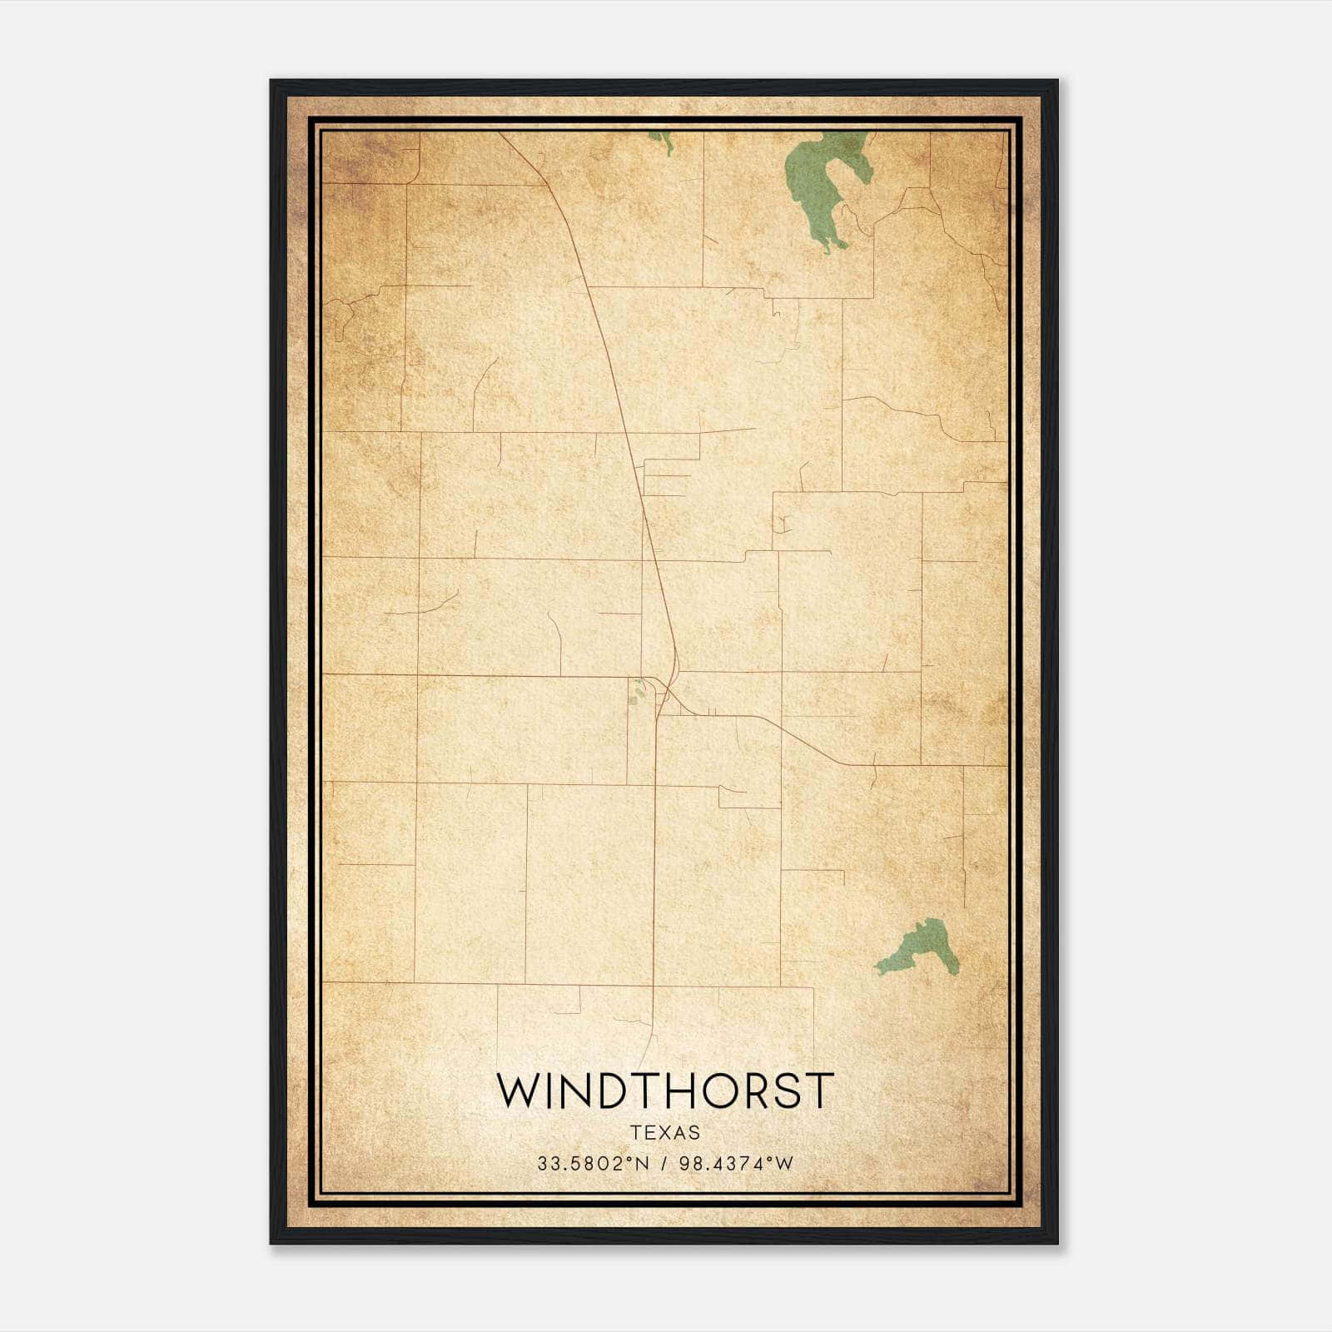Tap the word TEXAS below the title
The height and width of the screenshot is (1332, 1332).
[x=665, y=1132]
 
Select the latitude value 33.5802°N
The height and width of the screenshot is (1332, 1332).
[x=592, y=1163]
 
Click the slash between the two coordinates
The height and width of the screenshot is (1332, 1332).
[x=664, y=1163]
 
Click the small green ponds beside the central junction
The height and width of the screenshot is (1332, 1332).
[x=638, y=692]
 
